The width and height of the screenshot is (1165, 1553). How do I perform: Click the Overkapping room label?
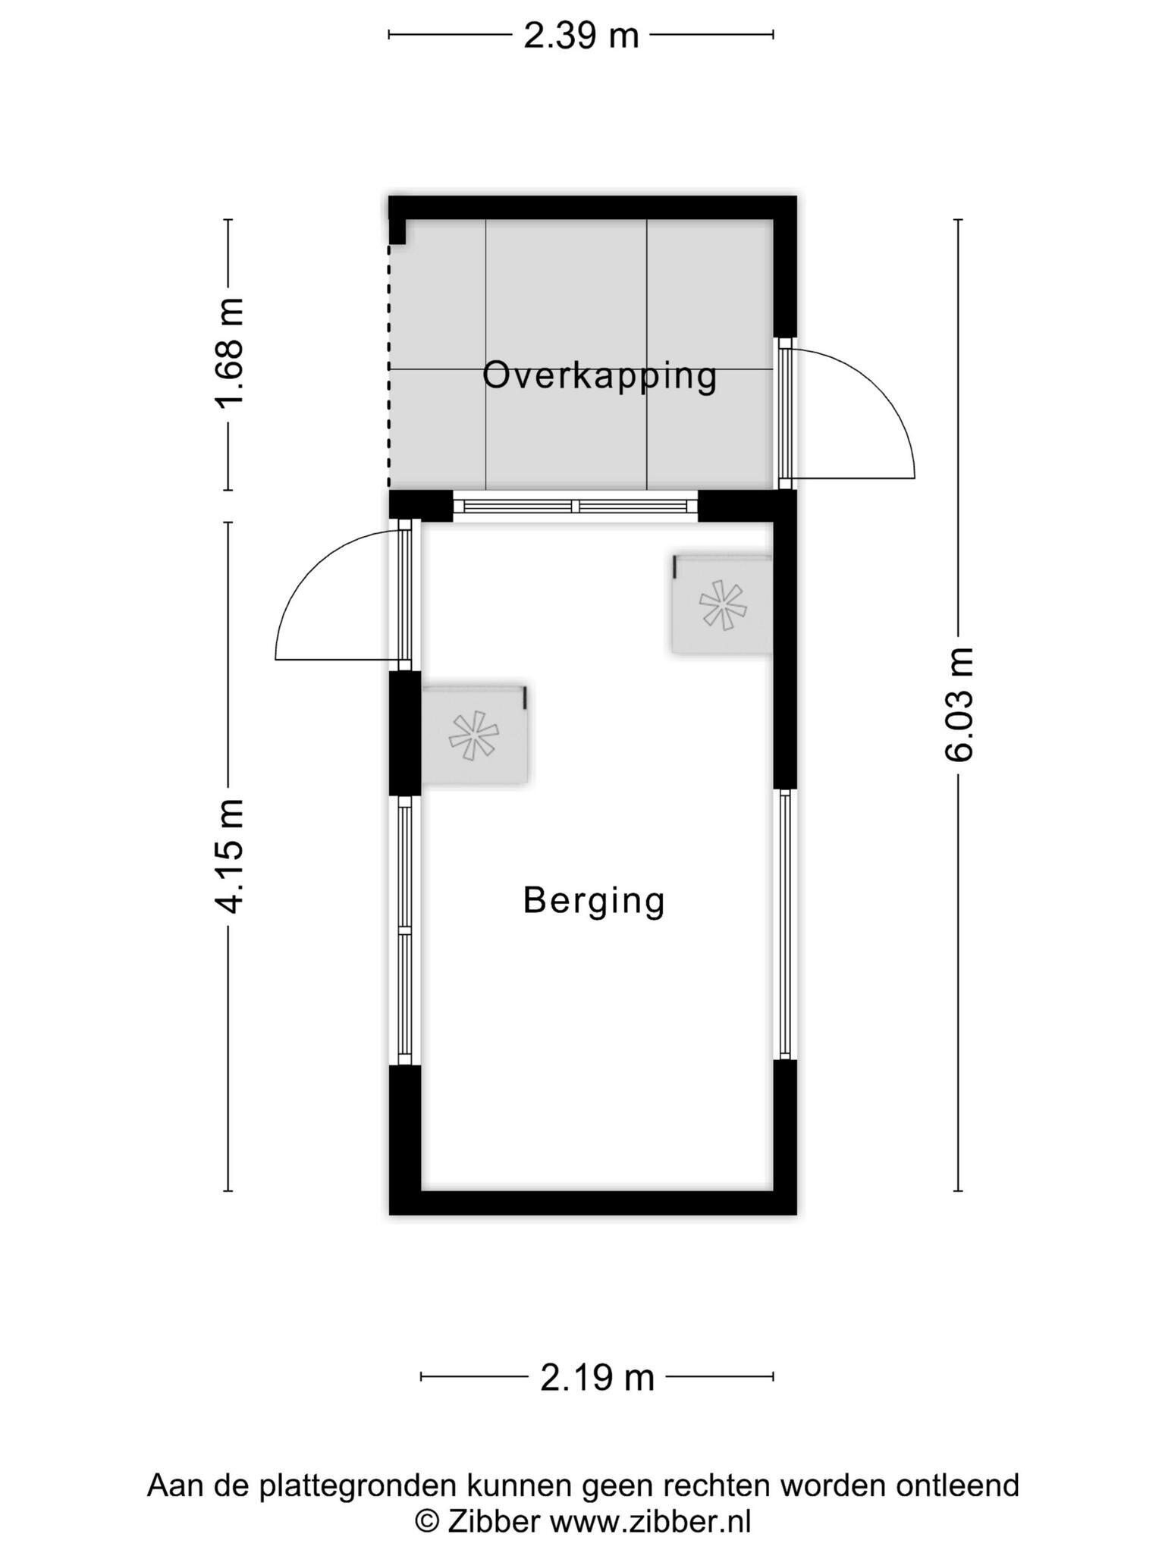pyautogui.click(x=599, y=377)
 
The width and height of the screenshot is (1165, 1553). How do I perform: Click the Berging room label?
pyautogui.click(x=594, y=902)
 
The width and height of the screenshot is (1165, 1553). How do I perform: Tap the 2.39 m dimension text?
pyautogui.click(x=581, y=36)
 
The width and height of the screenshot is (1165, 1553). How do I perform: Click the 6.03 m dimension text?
pyautogui.click(x=959, y=704)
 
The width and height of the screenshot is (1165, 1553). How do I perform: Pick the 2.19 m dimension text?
pyautogui.click(x=597, y=1378)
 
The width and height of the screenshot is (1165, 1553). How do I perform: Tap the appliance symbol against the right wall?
pyautogui.click(x=722, y=604)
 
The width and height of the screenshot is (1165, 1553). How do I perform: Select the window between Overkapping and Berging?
pyautogui.click(x=575, y=506)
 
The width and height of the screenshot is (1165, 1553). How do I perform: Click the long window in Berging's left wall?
pyautogui.click(x=405, y=930)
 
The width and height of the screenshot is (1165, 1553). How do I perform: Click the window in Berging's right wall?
pyautogui.click(x=785, y=924)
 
